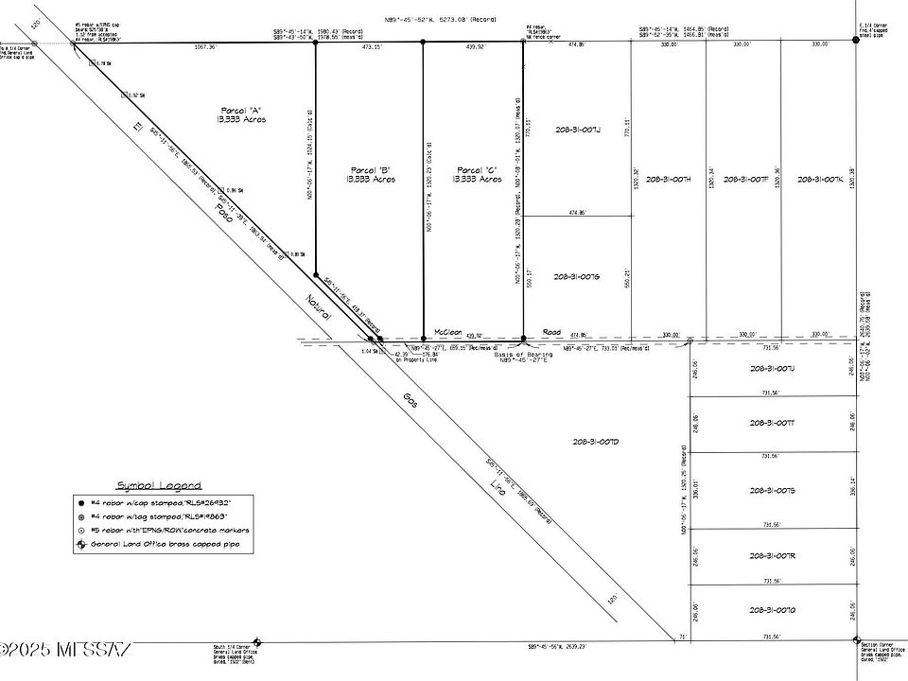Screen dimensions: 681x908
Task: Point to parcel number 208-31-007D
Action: coord(595,442)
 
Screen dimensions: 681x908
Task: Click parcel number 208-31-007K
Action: coord(820,179)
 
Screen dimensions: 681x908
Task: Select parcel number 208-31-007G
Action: coord(577,277)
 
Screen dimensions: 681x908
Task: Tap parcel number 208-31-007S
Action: coord(772,490)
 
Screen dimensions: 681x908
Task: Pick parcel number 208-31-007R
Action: coord(772,555)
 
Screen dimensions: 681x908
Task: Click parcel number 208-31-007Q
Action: coord(772,610)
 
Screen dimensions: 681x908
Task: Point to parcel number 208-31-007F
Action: coord(744,179)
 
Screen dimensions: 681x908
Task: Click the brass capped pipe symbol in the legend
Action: coord(82,546)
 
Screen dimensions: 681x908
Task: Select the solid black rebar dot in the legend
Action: coord(82,501)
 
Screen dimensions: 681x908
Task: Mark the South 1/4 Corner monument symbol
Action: coord(258,641)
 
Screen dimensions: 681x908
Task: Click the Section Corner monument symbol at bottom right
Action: coord(856,641)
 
